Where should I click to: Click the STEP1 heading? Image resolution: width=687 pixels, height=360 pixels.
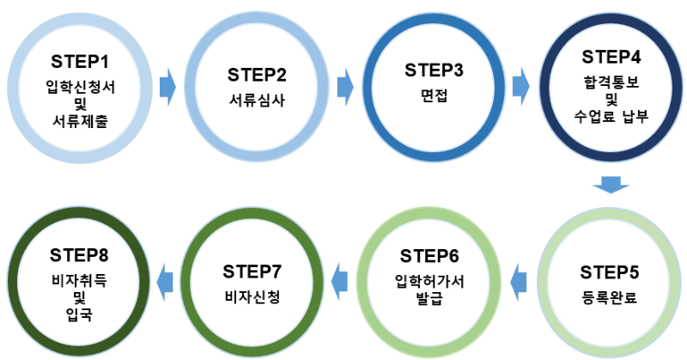click(x=80, y=62)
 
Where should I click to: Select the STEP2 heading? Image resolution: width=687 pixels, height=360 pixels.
click(x=257, y=73)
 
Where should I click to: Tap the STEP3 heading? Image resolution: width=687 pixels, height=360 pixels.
click(x=435, y=70)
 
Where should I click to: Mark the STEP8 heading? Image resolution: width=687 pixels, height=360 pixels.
click(x=79, y=255)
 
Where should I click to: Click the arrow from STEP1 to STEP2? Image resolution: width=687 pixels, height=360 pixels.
click(x=167, y=86)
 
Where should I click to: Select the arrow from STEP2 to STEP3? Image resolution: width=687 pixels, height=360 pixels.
click(x=345, y=86)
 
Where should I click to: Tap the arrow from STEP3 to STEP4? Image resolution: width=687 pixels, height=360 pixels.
click(x=520, y=86)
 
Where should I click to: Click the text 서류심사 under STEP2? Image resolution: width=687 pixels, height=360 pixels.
click(x=256, y=99)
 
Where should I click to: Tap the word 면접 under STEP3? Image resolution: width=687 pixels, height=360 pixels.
click(x=434, y=95)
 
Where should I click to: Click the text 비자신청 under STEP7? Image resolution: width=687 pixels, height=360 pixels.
click(x=252, y=297)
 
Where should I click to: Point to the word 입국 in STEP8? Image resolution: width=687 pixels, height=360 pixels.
click(x=79, y=315)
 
